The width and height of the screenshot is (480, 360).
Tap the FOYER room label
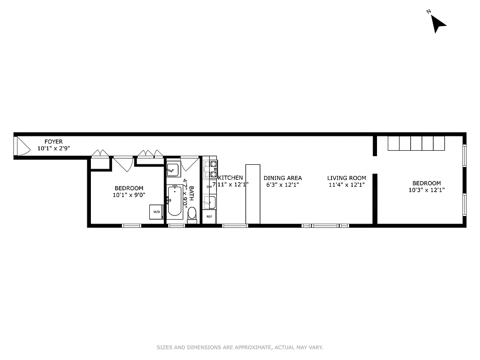coord(54,142)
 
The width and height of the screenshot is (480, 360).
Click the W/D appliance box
coord(156,211)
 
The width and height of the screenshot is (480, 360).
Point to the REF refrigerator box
coord(209,216)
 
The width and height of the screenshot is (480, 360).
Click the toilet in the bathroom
coord(192,214)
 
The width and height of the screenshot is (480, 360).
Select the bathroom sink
coord(173,170)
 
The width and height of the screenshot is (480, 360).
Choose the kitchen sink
coord(209,202)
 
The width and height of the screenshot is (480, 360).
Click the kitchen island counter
coord(252,194)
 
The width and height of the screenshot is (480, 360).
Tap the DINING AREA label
coord(283,178)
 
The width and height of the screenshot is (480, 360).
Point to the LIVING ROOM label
coord(346,178)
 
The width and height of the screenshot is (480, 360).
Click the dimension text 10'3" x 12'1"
coord(426,190)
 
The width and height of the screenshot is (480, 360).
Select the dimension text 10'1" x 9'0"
coord(129,195)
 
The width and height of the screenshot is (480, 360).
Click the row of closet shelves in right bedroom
coord(416,143)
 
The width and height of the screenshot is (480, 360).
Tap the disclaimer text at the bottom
coord(240,347)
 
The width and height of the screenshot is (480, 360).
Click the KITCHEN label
coord(230,178)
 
